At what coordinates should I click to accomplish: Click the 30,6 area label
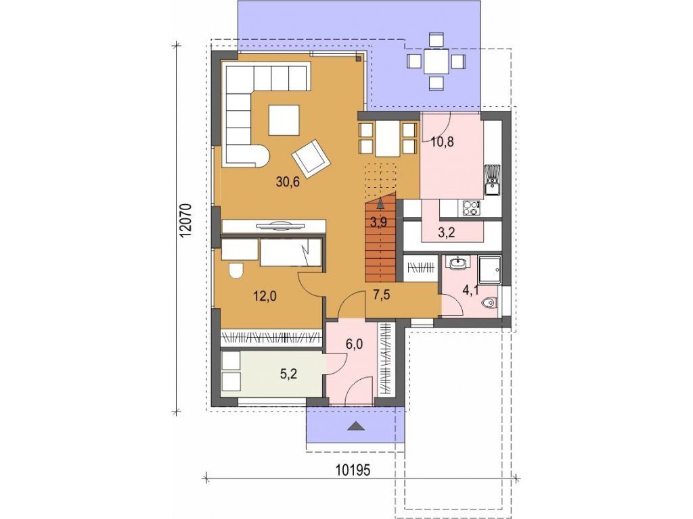[288, 181]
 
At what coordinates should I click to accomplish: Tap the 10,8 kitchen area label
[443, 142]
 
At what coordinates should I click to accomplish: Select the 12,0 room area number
[265, 296]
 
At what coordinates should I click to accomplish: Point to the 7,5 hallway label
[382, 295]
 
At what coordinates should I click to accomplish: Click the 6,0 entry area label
[355, 343]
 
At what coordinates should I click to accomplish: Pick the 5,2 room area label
[288, 374]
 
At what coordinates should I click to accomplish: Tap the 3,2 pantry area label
[447, 232]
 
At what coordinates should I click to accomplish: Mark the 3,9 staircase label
[379, 222]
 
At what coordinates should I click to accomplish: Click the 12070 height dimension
[185, 221]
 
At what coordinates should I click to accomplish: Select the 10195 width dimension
[352, 470]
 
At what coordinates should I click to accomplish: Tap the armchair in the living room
[311, 158]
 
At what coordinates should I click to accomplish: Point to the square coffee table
[284, 120]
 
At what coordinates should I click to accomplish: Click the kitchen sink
[492, 180]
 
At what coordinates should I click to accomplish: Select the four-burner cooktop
[471, 208]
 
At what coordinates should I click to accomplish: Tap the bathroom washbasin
[459, 263]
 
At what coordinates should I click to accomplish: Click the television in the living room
[280, 226]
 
